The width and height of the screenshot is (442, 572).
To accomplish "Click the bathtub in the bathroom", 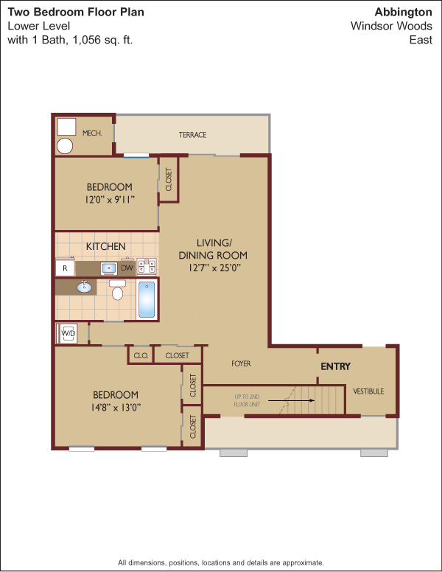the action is coord(147,299).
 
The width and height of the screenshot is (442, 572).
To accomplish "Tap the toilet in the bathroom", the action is coord(117,290).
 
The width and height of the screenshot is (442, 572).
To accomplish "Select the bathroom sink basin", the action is coord(84,287).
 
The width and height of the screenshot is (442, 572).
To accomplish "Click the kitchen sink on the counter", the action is coord(109,268).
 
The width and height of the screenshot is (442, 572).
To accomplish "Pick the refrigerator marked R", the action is coord(66,268).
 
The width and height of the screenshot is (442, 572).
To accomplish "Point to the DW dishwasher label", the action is coord(127,268).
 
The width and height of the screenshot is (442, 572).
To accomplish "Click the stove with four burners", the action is coord(147,266).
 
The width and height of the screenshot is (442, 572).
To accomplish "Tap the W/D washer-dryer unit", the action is coord(69,333).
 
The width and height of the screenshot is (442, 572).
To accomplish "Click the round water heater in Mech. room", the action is coord(65,146).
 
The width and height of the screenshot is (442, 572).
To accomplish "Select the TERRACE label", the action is coord(192,135).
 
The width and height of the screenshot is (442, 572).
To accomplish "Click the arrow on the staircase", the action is coord(292,400).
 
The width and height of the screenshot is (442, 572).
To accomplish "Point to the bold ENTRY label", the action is coord(335,366).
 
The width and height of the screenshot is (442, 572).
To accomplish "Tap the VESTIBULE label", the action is coord(368,391).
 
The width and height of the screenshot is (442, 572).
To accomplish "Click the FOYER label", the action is coord(241,363).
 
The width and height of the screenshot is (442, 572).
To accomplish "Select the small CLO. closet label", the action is coord(141,355).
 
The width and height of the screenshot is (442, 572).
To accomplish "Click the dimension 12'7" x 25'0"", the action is coord(215,268).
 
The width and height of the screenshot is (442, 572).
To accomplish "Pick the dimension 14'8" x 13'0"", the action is coord(116,407).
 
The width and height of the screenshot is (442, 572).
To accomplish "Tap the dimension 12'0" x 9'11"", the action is coord(110,200).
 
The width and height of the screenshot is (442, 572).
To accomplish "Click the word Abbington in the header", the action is coord(404,13).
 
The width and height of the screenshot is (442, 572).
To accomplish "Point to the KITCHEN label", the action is coord(106,247).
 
